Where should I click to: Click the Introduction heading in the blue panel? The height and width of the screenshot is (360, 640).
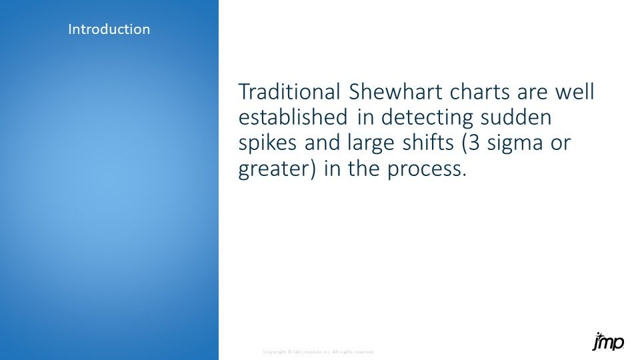click(x=109, y=29)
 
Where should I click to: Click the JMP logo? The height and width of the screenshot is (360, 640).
click(x=607, y=341)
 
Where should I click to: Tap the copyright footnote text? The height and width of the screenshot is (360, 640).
click(x=319, y=351)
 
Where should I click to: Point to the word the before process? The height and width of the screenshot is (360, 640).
click(x=367, y=170)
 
